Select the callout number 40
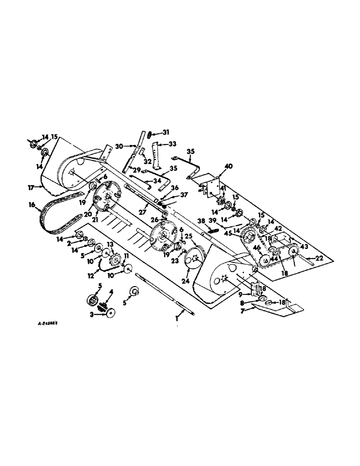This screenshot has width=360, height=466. [x=228, y=166]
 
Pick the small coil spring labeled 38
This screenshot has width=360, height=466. [x=214, y=229]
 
